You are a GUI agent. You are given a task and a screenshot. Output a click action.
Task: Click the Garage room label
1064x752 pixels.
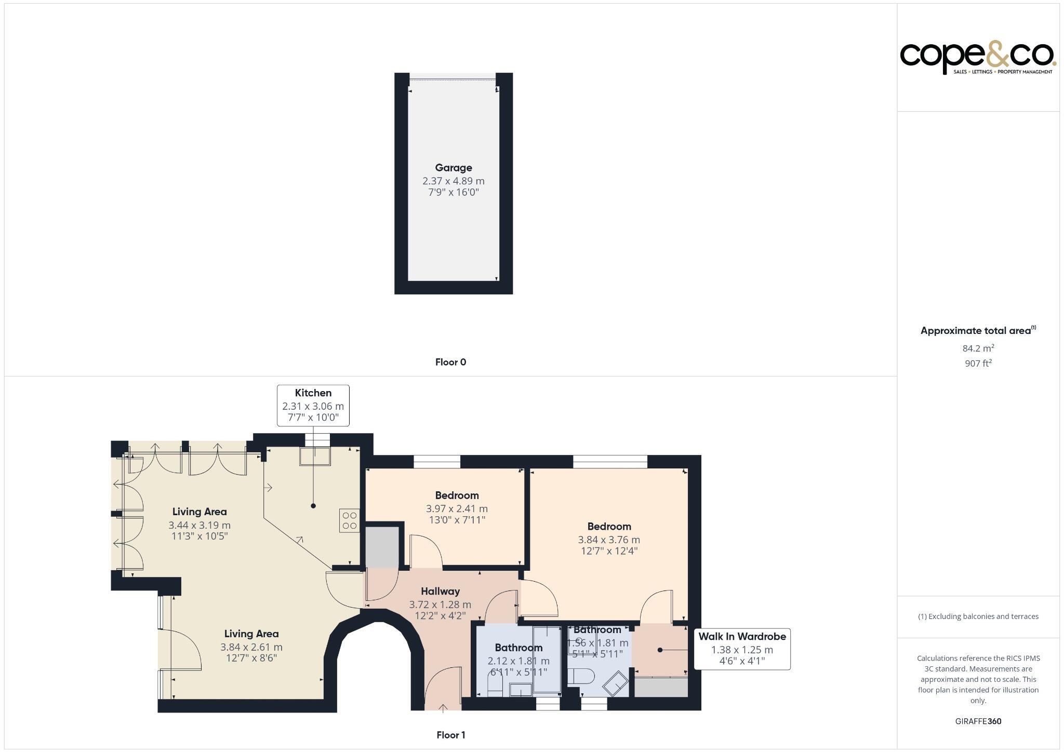coord(454,168)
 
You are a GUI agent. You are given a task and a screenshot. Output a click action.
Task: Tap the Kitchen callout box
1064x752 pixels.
coord(313,406)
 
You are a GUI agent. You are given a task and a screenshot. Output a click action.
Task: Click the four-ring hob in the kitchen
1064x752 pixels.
coord(350,520)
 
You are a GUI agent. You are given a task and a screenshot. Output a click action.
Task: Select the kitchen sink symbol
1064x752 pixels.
coord(315,456)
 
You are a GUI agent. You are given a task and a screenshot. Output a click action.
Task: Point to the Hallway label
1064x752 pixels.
coord(440,591)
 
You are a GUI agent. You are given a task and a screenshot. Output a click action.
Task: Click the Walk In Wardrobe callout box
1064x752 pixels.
coord(742,649)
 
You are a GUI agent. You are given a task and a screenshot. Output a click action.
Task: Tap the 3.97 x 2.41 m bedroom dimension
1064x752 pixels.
coord(457,508)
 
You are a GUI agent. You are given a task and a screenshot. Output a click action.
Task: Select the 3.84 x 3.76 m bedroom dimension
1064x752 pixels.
coord(609,540)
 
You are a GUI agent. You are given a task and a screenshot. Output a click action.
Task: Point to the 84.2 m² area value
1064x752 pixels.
coord(978,348)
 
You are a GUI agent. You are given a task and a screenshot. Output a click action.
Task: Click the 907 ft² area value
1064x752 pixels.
coord(978,364)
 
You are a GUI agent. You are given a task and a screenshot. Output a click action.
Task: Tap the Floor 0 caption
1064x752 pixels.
coord(450,362)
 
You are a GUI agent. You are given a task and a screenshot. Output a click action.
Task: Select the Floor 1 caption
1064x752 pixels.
coord(450,735)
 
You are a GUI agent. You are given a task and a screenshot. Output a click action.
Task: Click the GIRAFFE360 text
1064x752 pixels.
coord(978,721)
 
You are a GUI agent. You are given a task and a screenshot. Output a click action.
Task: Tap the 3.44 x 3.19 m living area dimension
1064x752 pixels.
coord(199,525)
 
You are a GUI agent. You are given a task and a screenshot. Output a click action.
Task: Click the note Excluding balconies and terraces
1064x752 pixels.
coord(978,616)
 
